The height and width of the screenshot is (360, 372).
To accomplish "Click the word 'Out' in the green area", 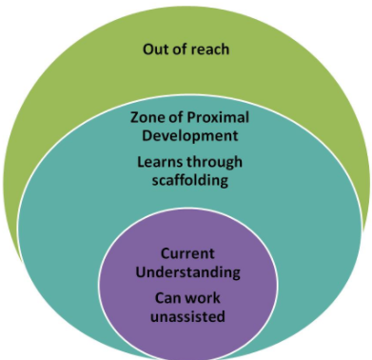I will pos(155,49).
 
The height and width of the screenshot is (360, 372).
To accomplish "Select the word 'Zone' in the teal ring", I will pos(147,117).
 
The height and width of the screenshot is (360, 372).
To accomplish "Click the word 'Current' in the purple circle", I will pos(187,254).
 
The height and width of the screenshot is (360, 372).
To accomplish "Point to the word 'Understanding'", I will pos(187,271).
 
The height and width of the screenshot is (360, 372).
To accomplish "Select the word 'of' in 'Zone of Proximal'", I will pos(175,117).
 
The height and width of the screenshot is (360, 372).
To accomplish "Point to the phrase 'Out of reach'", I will pos(186,49).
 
